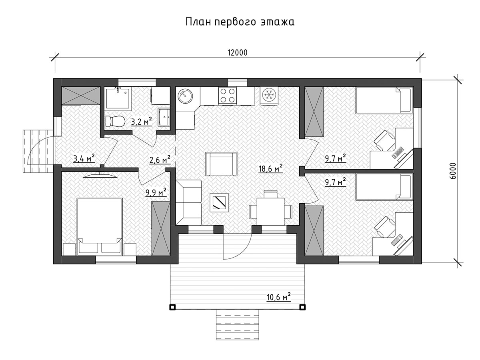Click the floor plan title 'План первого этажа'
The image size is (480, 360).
[240, 22]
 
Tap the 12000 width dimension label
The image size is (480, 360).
[238, 53]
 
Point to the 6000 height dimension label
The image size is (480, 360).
[453, 171]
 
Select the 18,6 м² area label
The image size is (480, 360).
[270, 169]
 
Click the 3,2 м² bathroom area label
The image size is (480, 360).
[141, 122]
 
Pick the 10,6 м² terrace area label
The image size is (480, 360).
[278, 297]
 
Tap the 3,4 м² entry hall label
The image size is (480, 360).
[84, 158]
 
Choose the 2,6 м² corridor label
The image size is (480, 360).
[160, 160]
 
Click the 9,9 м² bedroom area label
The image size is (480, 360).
[156, 192]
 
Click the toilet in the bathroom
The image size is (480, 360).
[115, 121]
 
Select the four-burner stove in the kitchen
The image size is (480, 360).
[227, 95]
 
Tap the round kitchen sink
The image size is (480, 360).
[185, 96]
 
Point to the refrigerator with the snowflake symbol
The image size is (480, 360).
[269, 96]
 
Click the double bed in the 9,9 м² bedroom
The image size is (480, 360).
[100, 226]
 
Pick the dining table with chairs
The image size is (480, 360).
[271, 210]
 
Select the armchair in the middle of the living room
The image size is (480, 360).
[221, 164]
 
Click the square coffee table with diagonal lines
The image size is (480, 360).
[219, 203]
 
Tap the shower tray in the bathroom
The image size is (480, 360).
[118, 98]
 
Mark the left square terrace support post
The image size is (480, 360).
[172, 307]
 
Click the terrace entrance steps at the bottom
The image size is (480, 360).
[237, 325]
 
